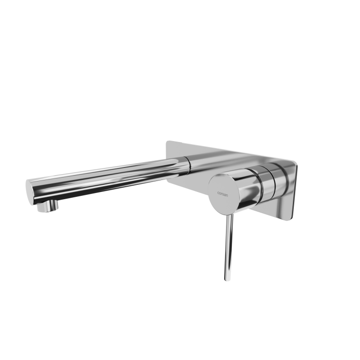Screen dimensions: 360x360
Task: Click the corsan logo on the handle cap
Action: [222, 194]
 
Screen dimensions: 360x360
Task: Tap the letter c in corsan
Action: [218, 193]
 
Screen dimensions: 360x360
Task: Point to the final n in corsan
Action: [227, 195]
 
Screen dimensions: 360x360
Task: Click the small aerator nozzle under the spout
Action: [48, 206]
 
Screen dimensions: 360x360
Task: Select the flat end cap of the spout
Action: [29, 192]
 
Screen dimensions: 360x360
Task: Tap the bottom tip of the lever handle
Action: [228, 280]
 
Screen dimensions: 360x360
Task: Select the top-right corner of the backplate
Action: [297, 164]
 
